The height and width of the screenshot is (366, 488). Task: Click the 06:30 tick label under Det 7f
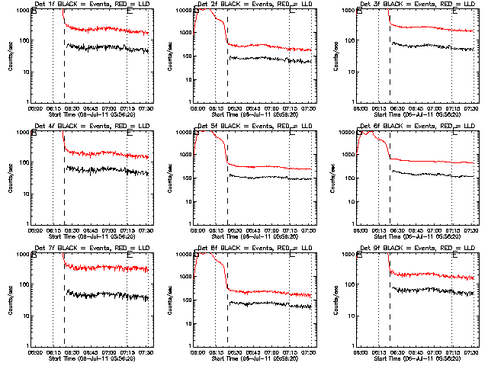72,352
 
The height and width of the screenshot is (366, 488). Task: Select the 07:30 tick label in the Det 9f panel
470,352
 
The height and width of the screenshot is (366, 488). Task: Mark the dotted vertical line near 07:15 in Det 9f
452,305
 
